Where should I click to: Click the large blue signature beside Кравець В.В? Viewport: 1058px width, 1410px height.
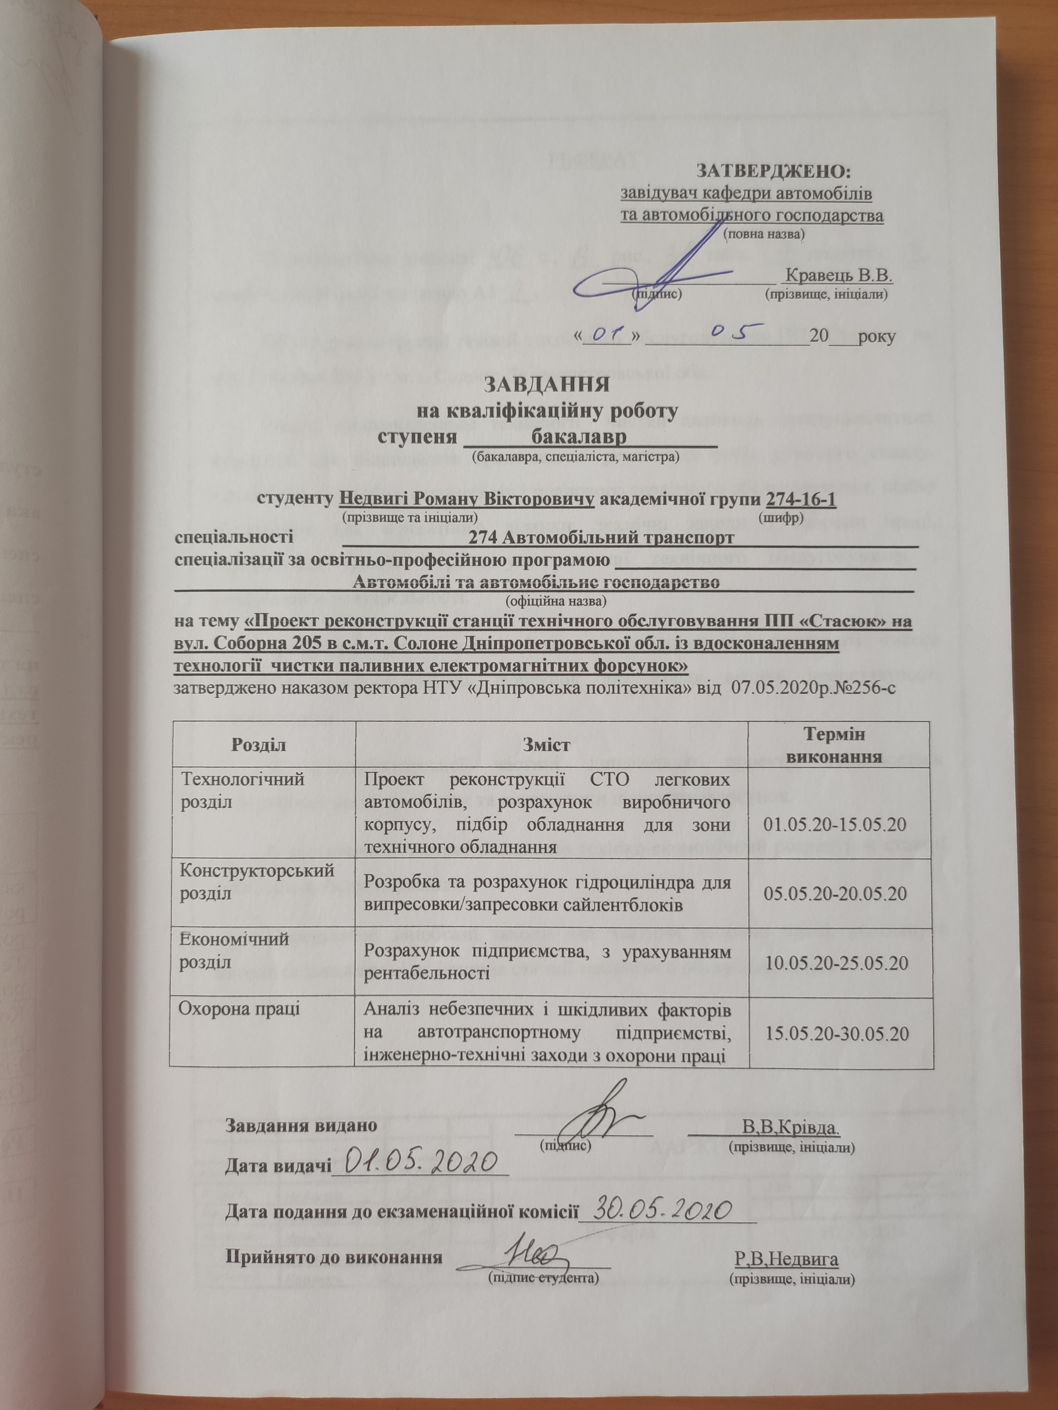(663, 274)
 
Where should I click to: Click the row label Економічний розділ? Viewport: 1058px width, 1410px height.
(234, 950)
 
